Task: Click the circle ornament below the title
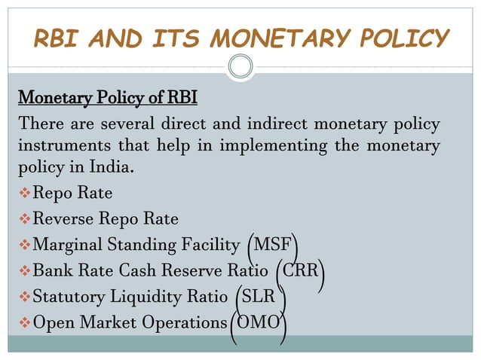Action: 240,67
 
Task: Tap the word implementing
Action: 275,145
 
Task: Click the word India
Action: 115,166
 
